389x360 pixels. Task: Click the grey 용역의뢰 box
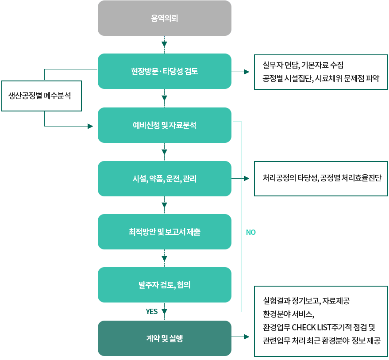164,18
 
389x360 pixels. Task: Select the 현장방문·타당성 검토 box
164,71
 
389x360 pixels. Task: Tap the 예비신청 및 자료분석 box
164,125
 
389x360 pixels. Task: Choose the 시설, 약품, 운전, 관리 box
164,179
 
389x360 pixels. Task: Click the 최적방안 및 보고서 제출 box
164,232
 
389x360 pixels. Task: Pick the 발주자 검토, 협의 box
164,285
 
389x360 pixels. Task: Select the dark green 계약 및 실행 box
164,338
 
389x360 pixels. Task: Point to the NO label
250,232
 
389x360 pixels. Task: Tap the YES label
152,311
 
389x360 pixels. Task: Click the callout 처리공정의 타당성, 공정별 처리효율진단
322,178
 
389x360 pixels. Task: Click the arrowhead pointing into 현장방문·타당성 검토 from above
165,44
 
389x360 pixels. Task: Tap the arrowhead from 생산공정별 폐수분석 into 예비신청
90,126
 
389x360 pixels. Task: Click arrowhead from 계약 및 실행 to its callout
247,337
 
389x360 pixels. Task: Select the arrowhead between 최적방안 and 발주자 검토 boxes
165,258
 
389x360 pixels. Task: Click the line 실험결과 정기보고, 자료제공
306,301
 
